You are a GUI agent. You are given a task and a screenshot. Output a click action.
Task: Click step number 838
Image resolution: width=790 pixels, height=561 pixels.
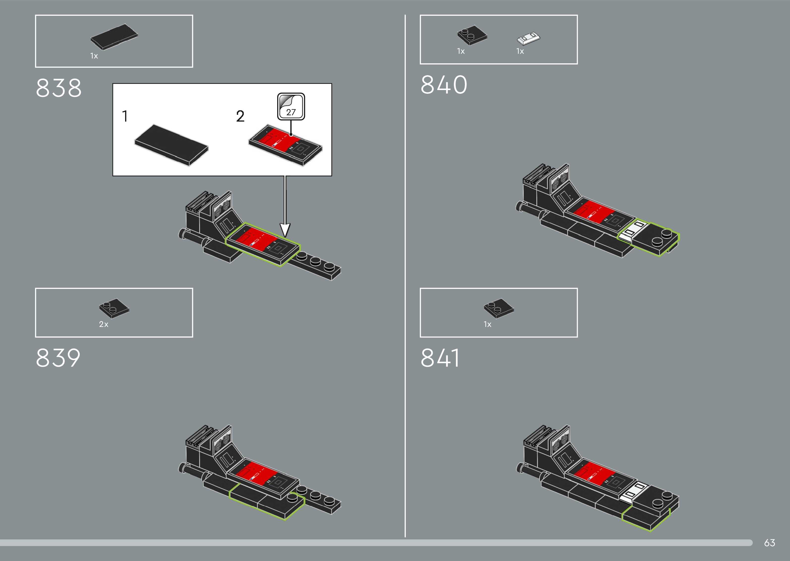pos(59,88)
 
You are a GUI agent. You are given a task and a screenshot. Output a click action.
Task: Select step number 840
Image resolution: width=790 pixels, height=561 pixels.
pos(444,85)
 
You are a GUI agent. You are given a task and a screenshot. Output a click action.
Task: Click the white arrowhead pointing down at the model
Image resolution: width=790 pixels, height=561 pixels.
pos(285,230)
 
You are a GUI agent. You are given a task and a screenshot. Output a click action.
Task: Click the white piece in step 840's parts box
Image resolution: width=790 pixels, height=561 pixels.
pos(528,38)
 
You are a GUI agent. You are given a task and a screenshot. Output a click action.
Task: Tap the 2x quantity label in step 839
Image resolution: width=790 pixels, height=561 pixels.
pos(103,324)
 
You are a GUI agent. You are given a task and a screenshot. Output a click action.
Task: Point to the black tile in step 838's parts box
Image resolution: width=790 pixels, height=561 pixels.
pos(114,37)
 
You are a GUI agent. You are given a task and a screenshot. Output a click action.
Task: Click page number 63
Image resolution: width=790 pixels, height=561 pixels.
pos(769,543)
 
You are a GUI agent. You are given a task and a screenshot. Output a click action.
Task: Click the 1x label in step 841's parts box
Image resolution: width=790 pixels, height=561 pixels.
pos(487,324)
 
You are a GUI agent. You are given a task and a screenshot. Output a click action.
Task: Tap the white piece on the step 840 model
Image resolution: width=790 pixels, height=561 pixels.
pos(632,230)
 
